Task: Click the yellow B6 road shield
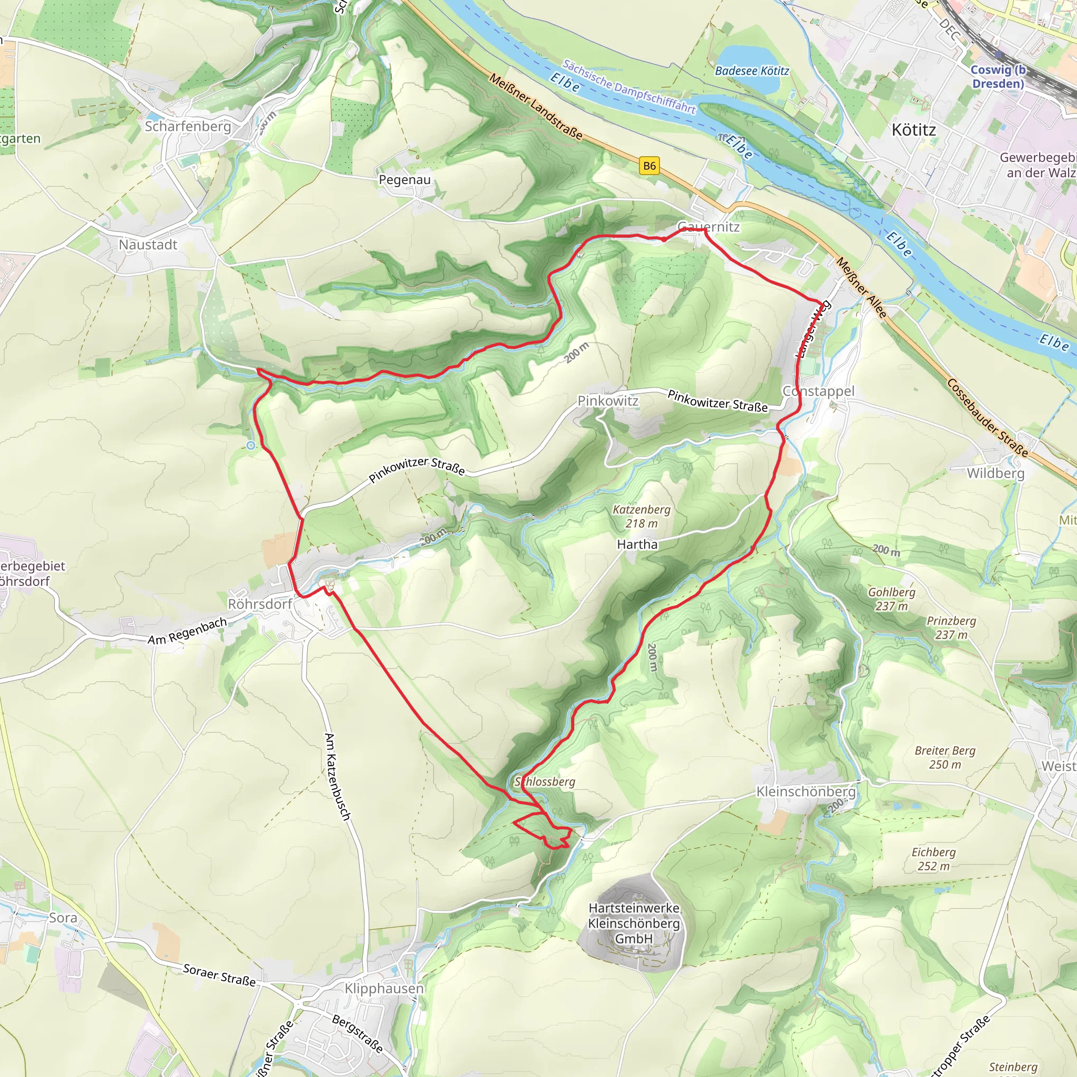point(649,166)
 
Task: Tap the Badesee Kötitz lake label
point(751,71)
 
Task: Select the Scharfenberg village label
point(188,127)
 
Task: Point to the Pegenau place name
point(405,179)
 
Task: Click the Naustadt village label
point(148,245)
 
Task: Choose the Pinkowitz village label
point(607,401)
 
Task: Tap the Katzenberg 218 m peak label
point(641,516)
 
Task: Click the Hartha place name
point(637,544)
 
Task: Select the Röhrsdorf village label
point(260,604)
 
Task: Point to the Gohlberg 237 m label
point(891,598)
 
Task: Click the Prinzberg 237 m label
point(951,628)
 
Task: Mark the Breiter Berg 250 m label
point(945,758)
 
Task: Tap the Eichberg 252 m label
point(933,859)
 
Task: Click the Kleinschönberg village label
point(806,791)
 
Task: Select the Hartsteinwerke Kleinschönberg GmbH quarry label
point(634,923)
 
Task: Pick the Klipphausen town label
point(384,988)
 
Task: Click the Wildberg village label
point(995,473)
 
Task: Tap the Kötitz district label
point(913,130)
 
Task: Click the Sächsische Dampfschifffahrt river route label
point(629,87)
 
